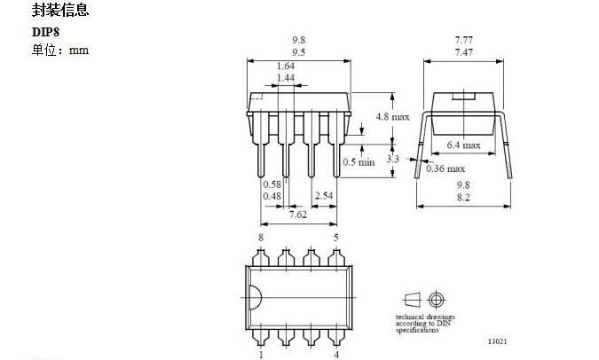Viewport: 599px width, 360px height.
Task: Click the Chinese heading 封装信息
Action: [x=59, y=12]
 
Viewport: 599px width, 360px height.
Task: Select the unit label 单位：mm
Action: [x=60, y=50]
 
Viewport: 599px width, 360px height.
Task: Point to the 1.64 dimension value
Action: [x=286, y=66]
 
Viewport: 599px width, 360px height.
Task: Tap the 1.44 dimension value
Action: [x=286, y=79]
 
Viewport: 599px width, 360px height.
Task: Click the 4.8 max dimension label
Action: [x=393, y=116]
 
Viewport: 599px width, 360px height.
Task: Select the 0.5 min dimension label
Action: [x=359, y=161]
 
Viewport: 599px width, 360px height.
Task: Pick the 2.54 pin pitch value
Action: [x=324, y=194]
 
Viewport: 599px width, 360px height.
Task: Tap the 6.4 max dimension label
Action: [x=463, y=145]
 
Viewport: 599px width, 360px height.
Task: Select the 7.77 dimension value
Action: [x=463, y=41]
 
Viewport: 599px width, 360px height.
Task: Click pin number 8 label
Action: [x=261, y=238]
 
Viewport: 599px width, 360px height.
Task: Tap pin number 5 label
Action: [x=335, y=238]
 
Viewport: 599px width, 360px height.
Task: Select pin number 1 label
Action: [x=261, y=355]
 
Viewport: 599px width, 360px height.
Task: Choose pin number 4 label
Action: [x=335, y=355]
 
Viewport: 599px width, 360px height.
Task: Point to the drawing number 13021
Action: [x=498, y=341]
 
